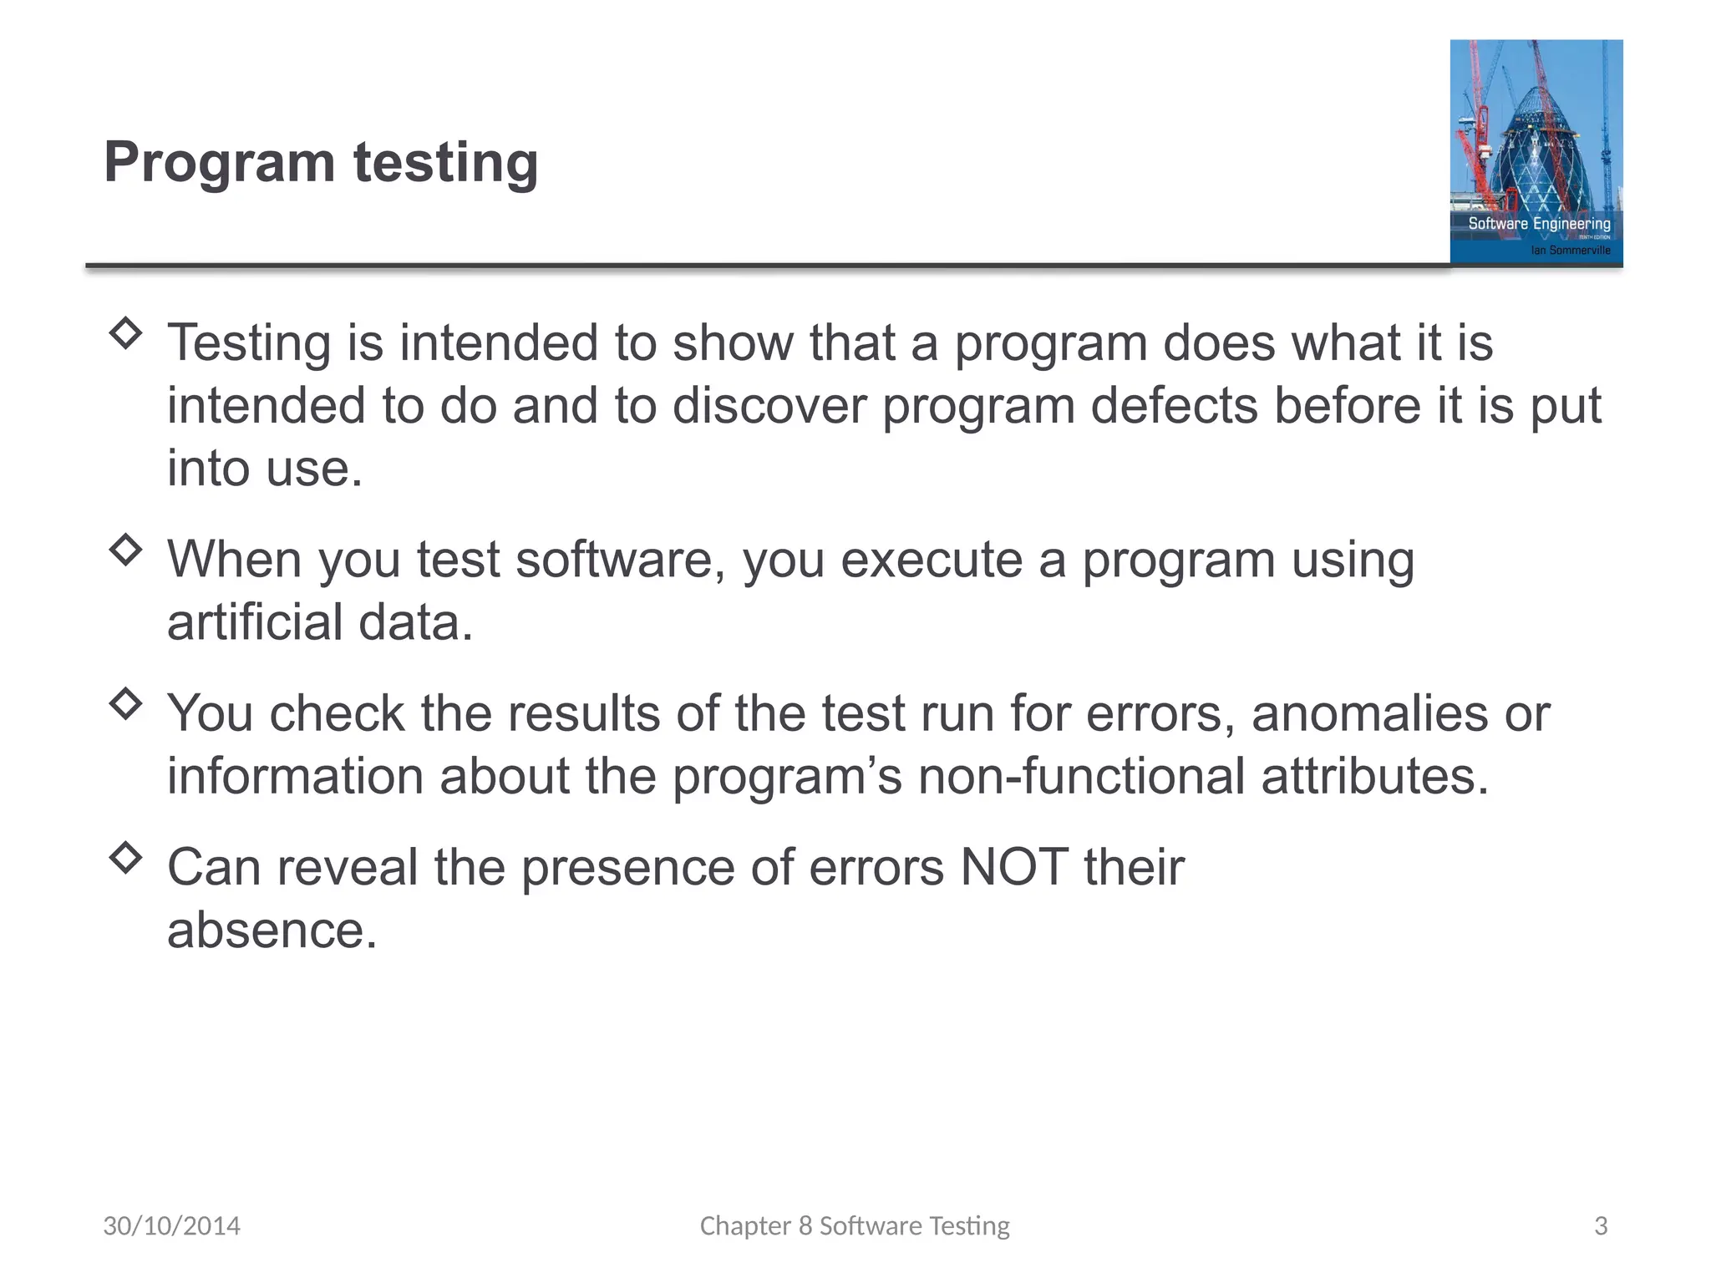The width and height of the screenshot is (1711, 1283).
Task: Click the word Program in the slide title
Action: (x=219, y=163)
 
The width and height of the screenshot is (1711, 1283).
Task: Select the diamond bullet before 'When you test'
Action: (x=125, y=550)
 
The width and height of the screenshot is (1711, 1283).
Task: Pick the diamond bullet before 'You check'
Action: (x=125, y=703)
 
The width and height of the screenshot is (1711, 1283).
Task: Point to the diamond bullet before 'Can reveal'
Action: (x=125, y=857)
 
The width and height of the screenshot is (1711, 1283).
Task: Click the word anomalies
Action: (x=1369, y=714)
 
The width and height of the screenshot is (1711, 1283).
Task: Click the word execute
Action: (x=931, y=560)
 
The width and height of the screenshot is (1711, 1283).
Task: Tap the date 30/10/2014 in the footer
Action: (x=171, y=1225)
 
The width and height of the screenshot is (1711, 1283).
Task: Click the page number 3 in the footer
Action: (x=1601, y=1225)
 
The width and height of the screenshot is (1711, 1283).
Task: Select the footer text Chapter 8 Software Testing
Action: (x=855, y=1225)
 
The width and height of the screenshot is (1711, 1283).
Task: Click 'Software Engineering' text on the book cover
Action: (x=1539, y=223)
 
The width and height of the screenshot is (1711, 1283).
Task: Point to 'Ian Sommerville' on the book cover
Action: (x=1570, y=250)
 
